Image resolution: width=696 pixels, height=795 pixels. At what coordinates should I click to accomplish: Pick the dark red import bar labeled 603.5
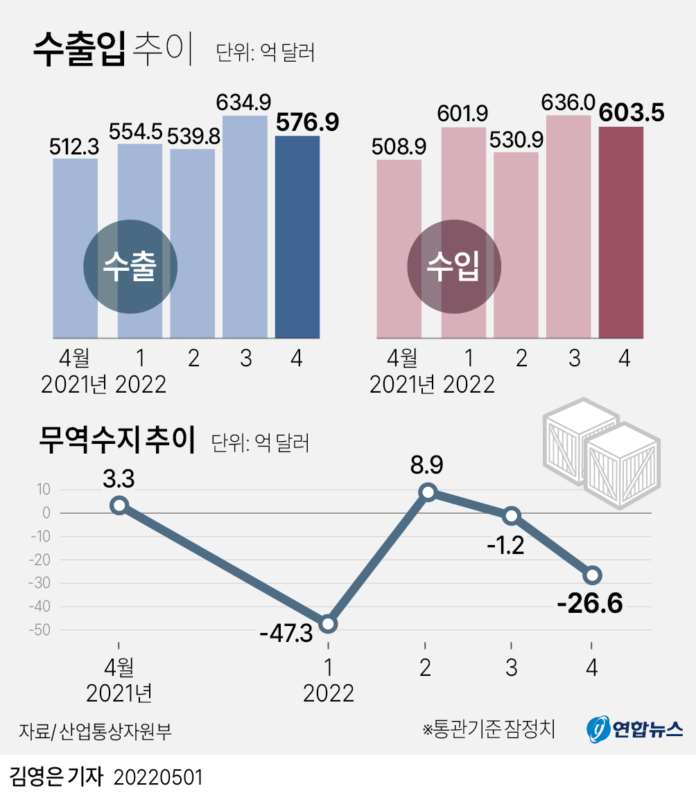point(620,233)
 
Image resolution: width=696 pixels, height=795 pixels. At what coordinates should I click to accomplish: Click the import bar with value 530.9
point(516,245)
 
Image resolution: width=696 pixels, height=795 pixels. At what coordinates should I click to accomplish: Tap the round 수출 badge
point(130,267)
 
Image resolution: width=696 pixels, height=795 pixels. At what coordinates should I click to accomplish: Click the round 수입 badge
point(453,267)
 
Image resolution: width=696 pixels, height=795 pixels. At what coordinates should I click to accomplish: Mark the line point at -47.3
point(329,624)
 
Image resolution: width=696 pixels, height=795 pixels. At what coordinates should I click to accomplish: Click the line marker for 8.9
point(428,492)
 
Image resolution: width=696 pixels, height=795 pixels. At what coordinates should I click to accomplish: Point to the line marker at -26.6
point(593,575)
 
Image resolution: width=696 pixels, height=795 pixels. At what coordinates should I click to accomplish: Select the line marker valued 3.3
point(119,506)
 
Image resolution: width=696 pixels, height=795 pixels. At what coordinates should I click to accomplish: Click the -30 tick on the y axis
point(40,583)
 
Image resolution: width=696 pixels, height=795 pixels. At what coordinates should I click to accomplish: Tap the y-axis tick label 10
point(44,490)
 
